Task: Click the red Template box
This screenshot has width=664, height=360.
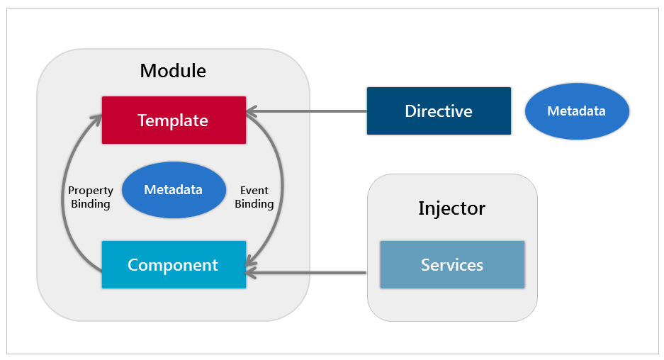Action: point(174,120)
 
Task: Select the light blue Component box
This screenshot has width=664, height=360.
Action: point(174,265)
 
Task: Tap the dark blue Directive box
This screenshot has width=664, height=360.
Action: point(439,111)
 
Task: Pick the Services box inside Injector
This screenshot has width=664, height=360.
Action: point(452,265)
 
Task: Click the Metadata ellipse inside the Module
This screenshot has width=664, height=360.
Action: point(174,190)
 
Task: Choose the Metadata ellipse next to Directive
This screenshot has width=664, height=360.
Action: point(577,111)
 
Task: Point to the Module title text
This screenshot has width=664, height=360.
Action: point(173,71)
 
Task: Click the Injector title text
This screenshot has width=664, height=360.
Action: point(451,208)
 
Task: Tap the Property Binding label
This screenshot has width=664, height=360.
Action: point(91,197)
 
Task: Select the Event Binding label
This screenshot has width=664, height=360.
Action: point(254,197)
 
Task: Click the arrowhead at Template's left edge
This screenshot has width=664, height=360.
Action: point(96,120)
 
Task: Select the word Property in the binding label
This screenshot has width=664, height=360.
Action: point(91,191)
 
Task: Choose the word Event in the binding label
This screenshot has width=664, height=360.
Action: point(254,191)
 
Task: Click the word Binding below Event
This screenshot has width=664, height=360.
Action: point(254,204)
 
